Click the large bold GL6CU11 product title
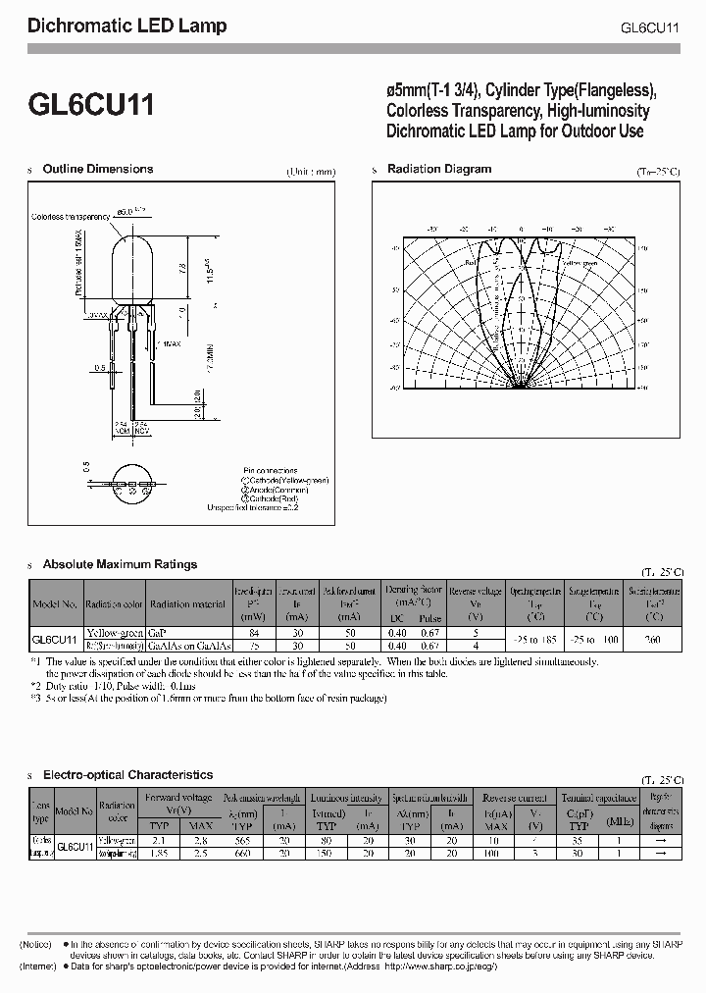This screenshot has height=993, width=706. [89, 105]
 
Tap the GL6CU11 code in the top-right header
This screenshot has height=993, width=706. [650, 27]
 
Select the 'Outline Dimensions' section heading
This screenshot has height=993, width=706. [98, 169]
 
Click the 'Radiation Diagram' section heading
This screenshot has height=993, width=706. [439, 169]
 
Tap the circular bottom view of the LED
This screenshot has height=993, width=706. [131, 484]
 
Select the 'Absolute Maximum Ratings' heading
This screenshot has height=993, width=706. [121, 564]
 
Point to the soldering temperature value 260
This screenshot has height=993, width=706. [652, 640]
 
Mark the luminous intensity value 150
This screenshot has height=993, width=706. [329, 854]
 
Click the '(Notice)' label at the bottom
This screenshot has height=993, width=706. [37, 944]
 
